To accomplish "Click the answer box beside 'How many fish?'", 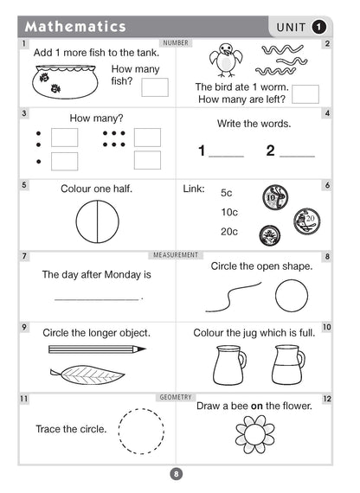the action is [x=155, y=86].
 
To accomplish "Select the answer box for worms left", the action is [x=305, y=94].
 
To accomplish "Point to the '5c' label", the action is [x=228, y=193].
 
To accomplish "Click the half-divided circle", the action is [x=96, y=221].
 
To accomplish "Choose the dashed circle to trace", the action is [x=140, y=430].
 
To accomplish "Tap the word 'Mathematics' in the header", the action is [x=75, y=27].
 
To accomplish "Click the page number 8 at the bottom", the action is [x=176, y=473].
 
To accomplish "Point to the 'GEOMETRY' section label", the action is [x=176, y=396].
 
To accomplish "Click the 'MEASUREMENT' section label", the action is [x=176, y=255].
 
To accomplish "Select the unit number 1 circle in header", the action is [x=319, y=27].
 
